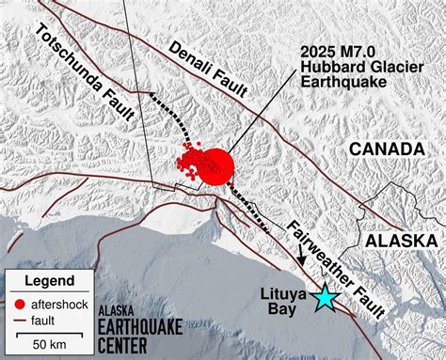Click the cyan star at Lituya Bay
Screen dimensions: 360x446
click(x=325, y=297)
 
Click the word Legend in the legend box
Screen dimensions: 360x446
click(x=49, y=281)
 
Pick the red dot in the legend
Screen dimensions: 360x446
click(x=20, y=303)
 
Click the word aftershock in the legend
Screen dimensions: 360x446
click(x=60, y=303)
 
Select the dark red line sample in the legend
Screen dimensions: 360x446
click(x=20, y=320)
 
